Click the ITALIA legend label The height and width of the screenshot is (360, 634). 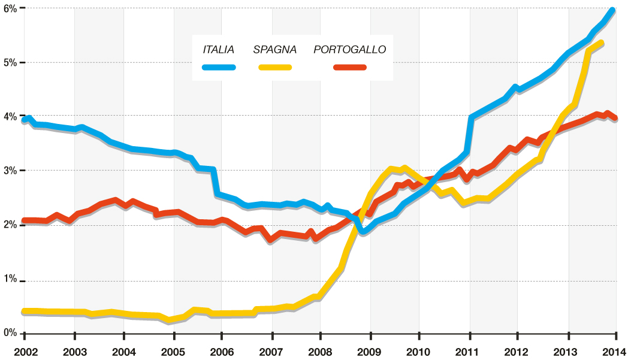coord(218,49)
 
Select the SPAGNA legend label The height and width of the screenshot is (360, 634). coord(274,49)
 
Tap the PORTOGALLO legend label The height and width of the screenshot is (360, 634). coord(349,49)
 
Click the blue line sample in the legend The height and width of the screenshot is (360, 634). coord(219,66)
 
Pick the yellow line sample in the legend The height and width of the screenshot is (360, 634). coord(275,66)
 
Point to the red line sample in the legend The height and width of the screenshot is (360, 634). coord(349,66)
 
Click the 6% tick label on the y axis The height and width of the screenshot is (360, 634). coord(10,8)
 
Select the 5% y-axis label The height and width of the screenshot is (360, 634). coord(10,62)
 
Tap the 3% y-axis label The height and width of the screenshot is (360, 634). coord(10,171)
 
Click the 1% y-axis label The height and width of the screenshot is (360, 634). coord(10,280)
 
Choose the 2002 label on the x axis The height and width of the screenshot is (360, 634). coord(25,351)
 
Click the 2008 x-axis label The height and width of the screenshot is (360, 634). coord(320,351)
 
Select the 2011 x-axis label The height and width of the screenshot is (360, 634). coord(469,351)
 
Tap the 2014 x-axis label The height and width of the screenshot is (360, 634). coord(617,351)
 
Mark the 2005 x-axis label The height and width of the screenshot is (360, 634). coord(173,351)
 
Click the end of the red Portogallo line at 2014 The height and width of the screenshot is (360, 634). coord(615,118)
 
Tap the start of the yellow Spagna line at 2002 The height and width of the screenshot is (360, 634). coord(24,311)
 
